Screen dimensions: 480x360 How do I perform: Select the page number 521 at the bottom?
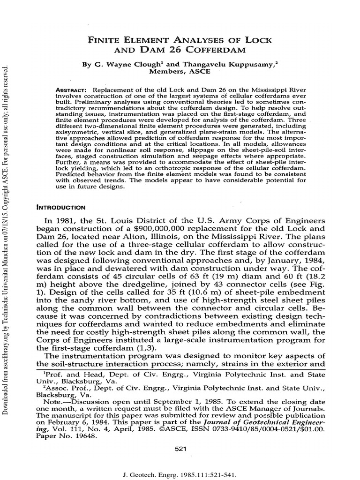point(180,449)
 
